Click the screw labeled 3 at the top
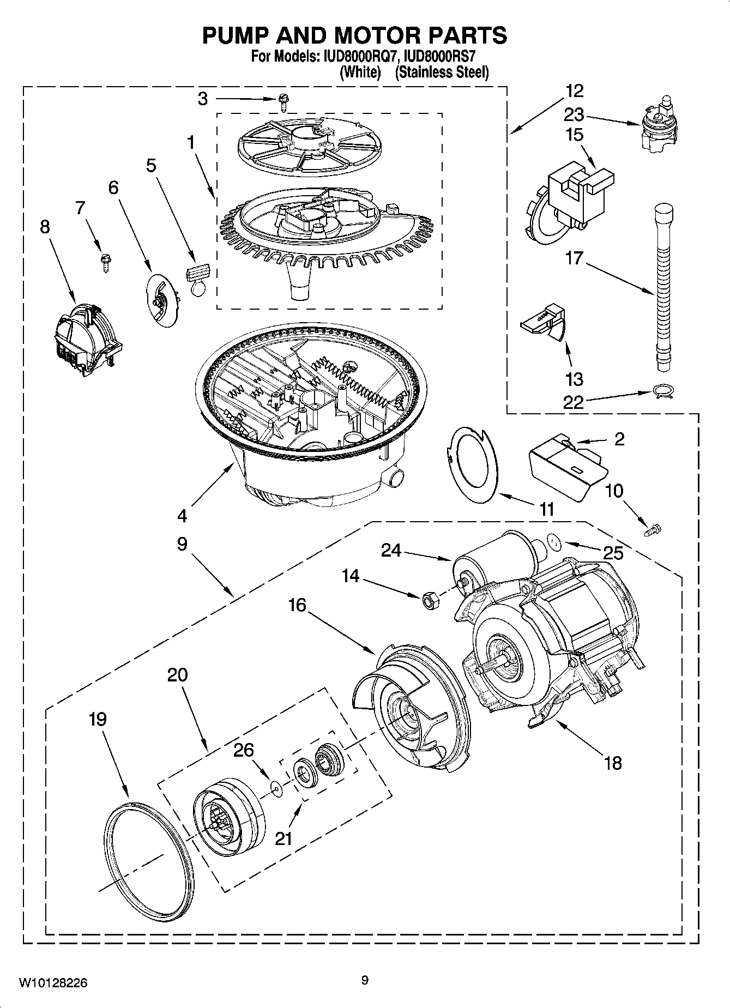pyautogui.click(x=283, y=99)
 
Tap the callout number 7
pyautogui.click(x=81, y=208)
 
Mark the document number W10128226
pyautogui.click(x=53, y=982)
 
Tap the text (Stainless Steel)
pyautogui.click(x=441, y=73)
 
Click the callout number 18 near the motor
pyautogui.click(x=613, y=763)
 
